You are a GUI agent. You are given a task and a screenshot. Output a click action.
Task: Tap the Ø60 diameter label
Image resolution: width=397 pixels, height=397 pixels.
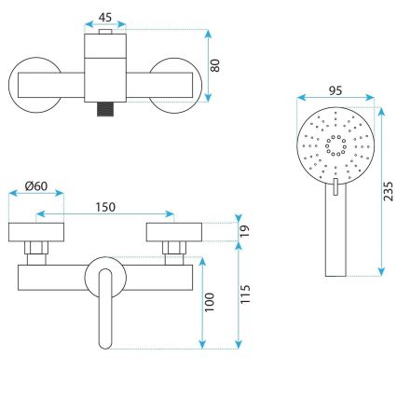click(36, 185)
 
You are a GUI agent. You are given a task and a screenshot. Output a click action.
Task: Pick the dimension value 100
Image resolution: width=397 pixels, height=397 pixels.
click(211, 301)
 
